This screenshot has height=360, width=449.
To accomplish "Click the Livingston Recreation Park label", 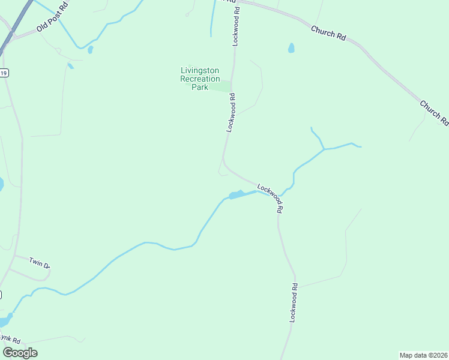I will [x=200, y=79].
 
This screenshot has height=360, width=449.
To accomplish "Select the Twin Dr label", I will [x=39, y=264].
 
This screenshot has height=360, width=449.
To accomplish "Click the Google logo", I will [x=20, y=353].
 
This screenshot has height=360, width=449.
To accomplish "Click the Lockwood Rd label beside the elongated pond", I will [x=271, y=199].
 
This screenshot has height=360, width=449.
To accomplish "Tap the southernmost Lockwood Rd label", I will [x=294, y=303].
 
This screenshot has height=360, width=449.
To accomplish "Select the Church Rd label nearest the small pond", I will [x=328, y=32].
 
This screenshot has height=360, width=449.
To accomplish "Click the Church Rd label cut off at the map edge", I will [x=434, y=112].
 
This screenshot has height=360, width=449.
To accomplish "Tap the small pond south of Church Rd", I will [x=291, y=48].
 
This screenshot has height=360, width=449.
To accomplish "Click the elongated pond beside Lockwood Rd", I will [x=236, y=194].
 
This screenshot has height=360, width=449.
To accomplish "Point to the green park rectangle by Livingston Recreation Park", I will [x=221, y=87].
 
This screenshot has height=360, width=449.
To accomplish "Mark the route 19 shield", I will [x=4, y=73].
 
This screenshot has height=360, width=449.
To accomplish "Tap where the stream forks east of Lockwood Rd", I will [x=324, y=148].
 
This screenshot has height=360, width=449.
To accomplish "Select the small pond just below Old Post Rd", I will [x=90, y=50].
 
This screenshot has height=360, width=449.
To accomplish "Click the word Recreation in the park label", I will [x=200, y=79].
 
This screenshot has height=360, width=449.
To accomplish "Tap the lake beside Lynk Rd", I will [x=5, y=321].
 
